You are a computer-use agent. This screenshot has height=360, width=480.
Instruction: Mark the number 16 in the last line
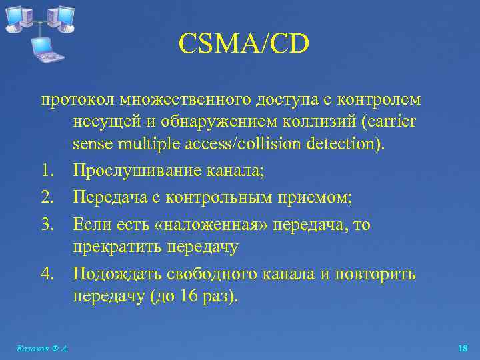pos(189,296)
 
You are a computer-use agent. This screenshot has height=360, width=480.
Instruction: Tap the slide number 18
pos(463,349)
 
